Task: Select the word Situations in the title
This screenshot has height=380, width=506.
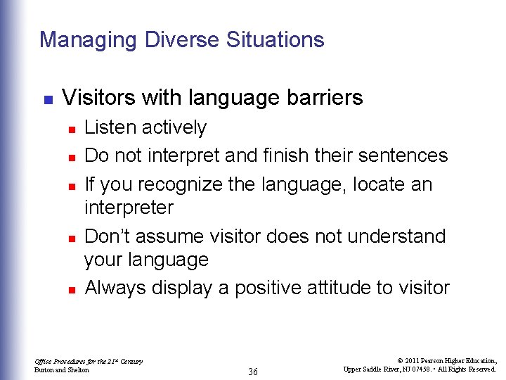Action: pyautogui.click(x=275, y=40)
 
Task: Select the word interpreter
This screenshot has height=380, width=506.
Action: pyautogui.click(x=129, y=208)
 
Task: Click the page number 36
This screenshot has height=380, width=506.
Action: pyautogui.click(x=252, y=372)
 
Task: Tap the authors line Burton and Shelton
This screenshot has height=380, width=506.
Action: pyautogui.click(x=62, y=369)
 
